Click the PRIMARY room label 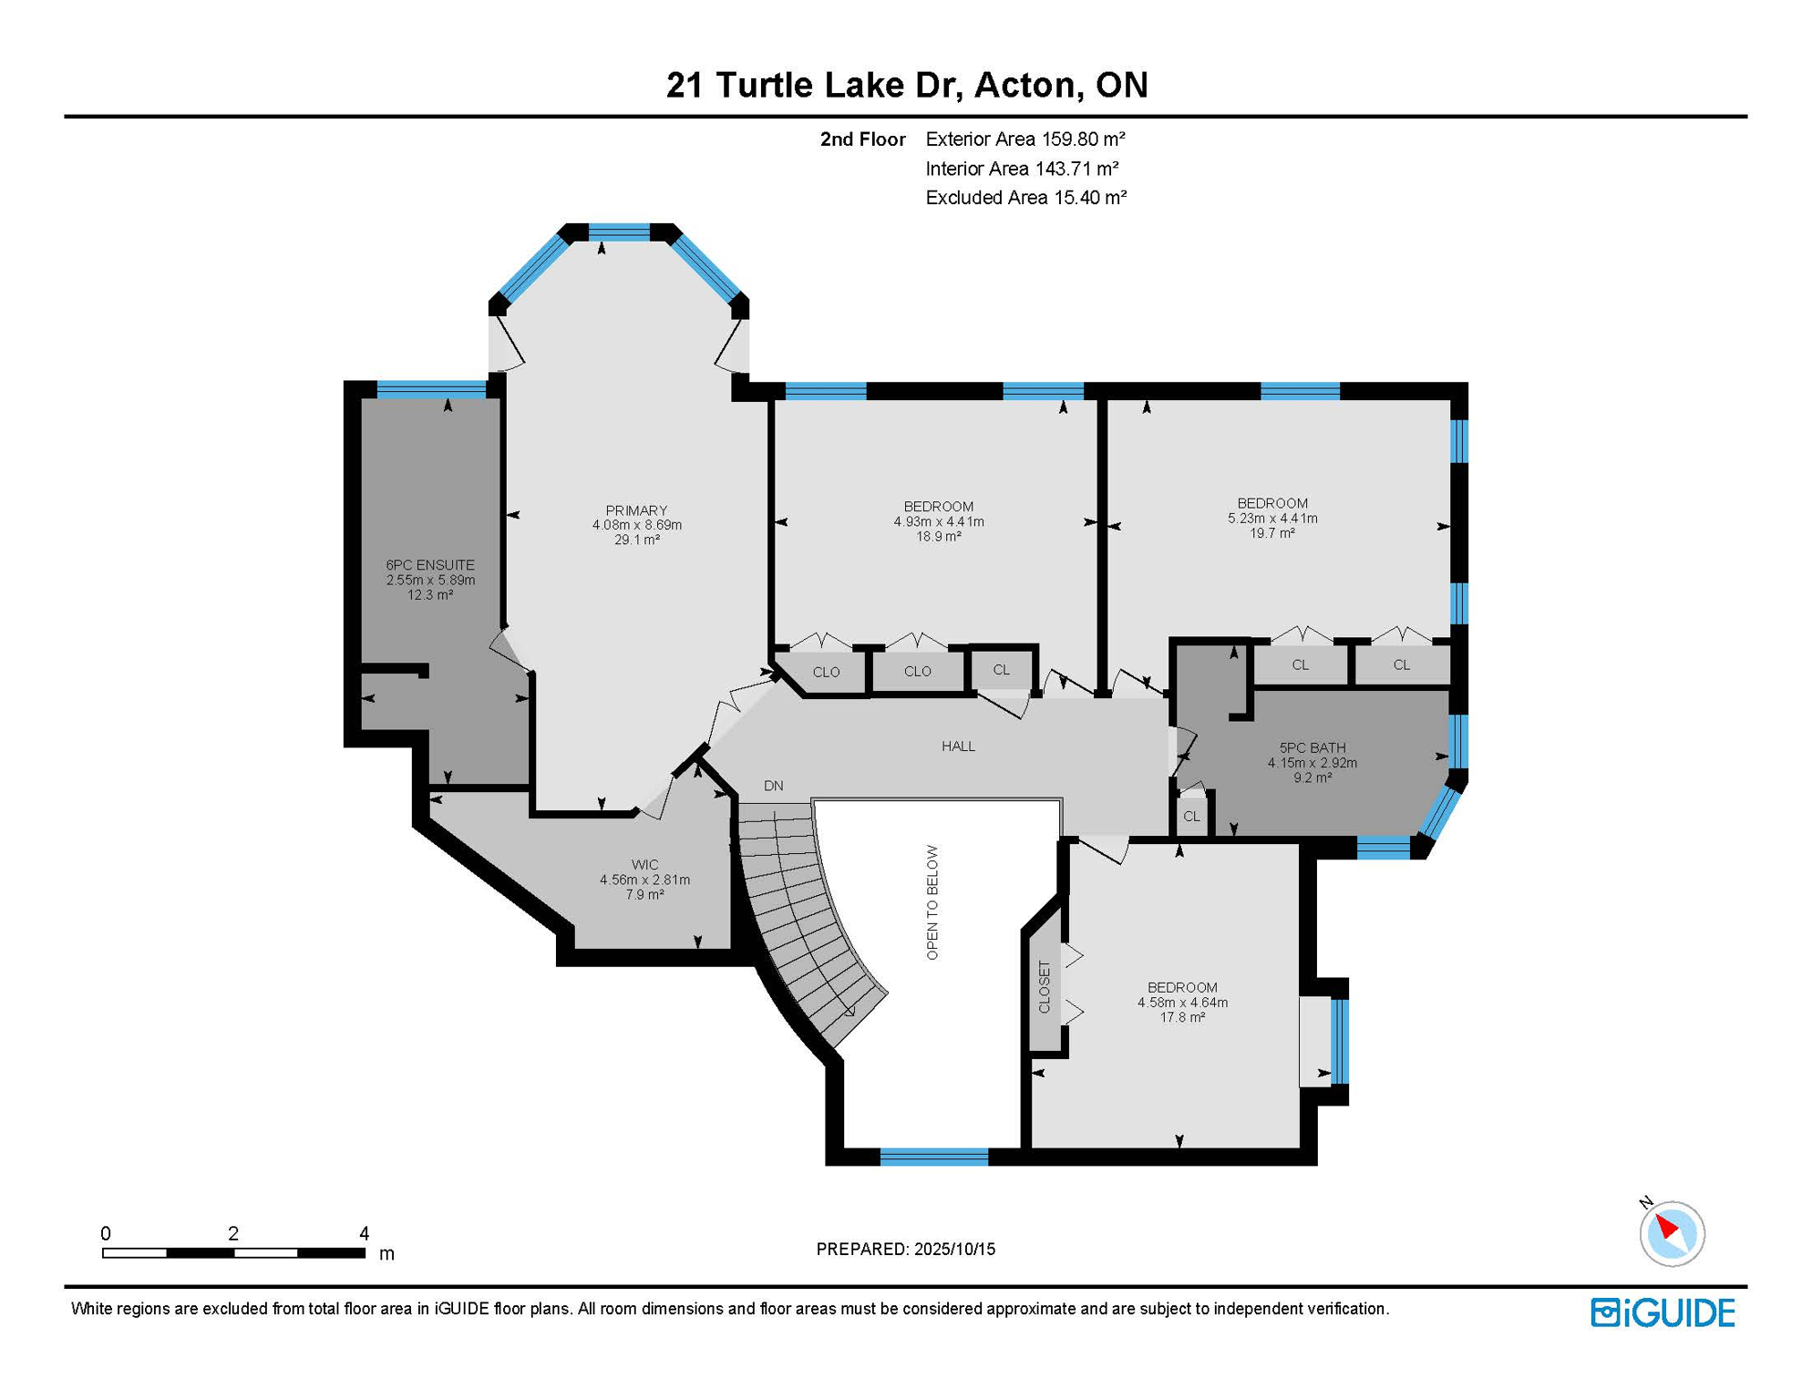pos(636,510)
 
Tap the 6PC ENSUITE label pos(430,565)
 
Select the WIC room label pos(644,865)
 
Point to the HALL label pos(958,746)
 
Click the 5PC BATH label pos(1313,748)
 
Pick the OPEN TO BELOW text pos(932,902)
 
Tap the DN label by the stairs pos(774,786)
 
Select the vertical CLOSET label pos(1045,986)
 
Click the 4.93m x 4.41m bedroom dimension pos(939,522)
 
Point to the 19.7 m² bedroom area pos(1272,533)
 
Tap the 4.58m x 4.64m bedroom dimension pos(1182,1003)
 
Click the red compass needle pos(1667,1225)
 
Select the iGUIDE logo pos(1663,1312)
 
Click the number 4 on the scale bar pos(365,1233)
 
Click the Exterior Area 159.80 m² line pos(1025,139)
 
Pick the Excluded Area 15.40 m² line pos(1026,197)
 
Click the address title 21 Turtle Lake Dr pos(815,85)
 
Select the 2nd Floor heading pos(862,139)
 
